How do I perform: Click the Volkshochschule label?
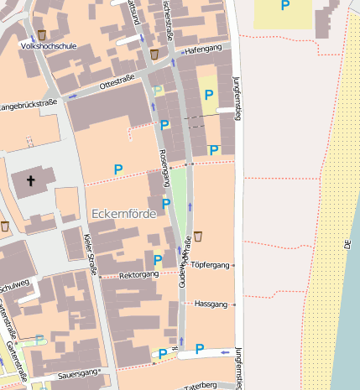pos(48,47)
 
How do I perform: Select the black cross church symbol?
pos(32,180)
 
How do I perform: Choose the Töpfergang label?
pos(210,265)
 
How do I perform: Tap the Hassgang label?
pos(211,303)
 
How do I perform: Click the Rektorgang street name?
pos(139,274)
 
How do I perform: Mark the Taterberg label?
pos(200,384)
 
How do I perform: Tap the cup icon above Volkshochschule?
pos(42,34)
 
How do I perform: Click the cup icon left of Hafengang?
pos(154,54)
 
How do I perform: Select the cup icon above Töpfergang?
pos(198,236)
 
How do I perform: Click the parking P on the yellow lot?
pos(209,95)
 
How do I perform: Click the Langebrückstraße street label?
pos(27,105)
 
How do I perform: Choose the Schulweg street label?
pos(14,284)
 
